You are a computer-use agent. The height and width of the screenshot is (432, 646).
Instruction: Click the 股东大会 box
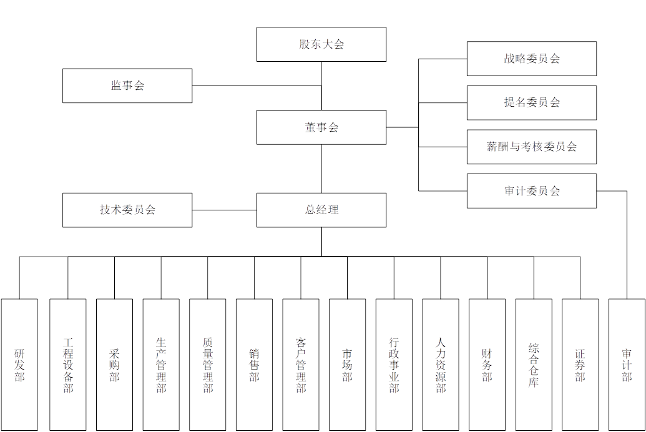pyautogui.click(x=321, y=44)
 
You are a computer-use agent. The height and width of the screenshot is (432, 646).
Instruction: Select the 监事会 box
pyautogui.click(x=127, y=86)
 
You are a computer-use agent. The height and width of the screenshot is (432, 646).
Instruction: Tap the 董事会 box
pyautogui.click(x=321, y=127)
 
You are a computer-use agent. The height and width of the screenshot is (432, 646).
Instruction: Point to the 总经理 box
pyautogui.click(x=321, y=210)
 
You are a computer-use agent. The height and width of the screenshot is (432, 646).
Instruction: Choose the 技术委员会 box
pyautogui.click(x=127, y=210)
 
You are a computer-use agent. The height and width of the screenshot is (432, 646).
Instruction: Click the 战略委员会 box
pyautogui.click(x=532, y=59)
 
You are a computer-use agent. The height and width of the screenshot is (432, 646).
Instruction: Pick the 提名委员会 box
pyautogui.click(x=532, y=102)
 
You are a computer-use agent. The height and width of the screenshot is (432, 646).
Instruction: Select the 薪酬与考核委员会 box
pyautogui.click(x=532, y=147)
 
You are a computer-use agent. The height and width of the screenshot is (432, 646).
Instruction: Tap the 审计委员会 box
pyautogui.click(x=532, y=190)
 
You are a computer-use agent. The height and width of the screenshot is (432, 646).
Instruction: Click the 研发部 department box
pyautogui.click(x=19, y=365)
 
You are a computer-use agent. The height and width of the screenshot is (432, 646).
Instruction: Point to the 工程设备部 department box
pyautogui.click(x=68, y=365)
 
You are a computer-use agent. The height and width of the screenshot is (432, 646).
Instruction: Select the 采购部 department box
pyautogui.click(x=114, y=365)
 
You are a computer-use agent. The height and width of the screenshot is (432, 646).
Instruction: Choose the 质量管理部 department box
pyautogui.click(x=208, y=365)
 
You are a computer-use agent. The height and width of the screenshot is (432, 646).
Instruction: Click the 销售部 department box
pyautogui.click(x=255, y=365)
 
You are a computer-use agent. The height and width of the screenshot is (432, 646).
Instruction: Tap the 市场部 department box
pyautogui.click(x=348, y=365)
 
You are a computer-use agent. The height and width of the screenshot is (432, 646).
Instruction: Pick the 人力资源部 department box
pyautogui.click(x=441, y=365)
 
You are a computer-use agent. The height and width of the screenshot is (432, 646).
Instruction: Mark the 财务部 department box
pyautogui.click(x=487, y=365)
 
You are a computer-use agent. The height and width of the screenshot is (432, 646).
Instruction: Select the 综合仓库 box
pyautogui.click(x=534, y=365)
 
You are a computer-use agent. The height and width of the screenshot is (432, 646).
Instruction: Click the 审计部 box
pyautogui.click(x=627, y=365)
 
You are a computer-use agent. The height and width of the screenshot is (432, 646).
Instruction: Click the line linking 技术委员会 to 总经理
pyautogui.click(x=225, y=210)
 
